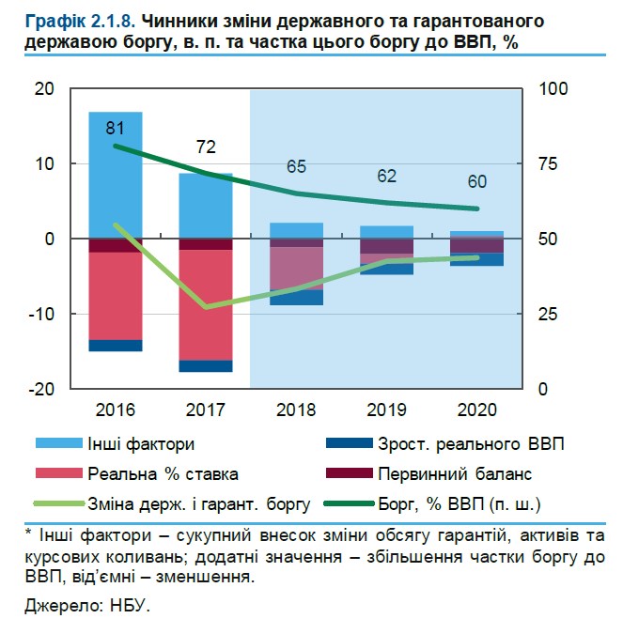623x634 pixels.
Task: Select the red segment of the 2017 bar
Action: (x=206, y=304)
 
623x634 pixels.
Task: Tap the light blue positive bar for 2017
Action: (x=206, y=205)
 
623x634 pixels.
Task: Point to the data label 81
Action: (x=117, y=127)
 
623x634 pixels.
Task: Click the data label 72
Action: (x=206, y=147)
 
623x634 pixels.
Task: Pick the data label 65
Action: (x=296, y=167)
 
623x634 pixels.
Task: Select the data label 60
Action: (x=477, y=181)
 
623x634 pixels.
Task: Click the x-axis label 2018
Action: (x=296, y=410)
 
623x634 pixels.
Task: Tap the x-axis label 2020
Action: (x=477, y=410)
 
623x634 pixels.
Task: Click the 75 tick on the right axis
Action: (x=548, y=163)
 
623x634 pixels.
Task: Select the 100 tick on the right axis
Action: (x=552, y=88)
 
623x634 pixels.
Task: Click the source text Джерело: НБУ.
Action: (x=87, y=606)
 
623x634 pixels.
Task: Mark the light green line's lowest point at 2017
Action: (x=206, y=307)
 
